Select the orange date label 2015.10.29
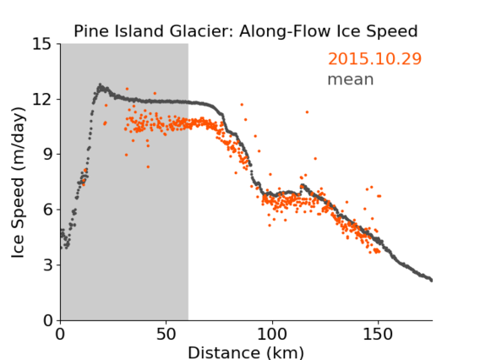374,58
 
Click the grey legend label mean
351,79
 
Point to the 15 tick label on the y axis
41,45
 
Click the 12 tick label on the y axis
41,100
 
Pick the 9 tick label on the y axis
47,155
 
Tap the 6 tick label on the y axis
47,210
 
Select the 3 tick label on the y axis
47,265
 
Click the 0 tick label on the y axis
47,320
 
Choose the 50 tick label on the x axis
166,335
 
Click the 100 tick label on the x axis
272,335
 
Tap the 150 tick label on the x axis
378,335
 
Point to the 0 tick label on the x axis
60,335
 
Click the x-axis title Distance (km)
246,352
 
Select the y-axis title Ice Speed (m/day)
18,183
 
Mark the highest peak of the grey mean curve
100,85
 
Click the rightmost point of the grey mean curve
431,280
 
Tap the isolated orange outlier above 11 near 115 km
307,112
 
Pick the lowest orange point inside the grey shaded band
148,166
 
